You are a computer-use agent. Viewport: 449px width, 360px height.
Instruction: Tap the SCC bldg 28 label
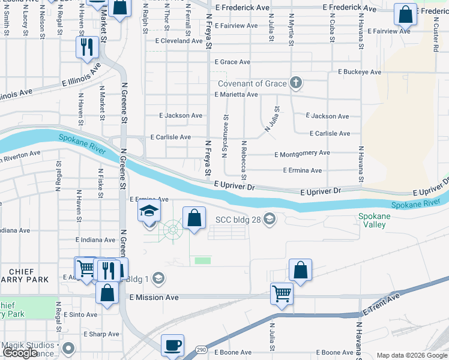238,219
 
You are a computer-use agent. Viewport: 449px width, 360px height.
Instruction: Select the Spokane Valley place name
375,220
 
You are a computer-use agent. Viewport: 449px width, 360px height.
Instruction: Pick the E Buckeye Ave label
360,72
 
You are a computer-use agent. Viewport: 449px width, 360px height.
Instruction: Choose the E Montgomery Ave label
302,154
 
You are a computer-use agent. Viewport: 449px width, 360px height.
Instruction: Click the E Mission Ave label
154,297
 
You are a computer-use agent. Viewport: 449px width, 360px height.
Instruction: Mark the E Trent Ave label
382,305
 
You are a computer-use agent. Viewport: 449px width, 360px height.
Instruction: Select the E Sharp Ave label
101,334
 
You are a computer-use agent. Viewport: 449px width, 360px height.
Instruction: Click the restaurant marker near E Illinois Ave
87,47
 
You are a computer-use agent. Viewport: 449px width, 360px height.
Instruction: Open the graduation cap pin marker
149,211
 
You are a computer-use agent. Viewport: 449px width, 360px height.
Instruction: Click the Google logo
20,353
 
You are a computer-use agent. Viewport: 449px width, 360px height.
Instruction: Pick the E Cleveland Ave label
179,41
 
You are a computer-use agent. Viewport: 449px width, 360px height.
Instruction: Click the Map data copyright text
411,355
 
